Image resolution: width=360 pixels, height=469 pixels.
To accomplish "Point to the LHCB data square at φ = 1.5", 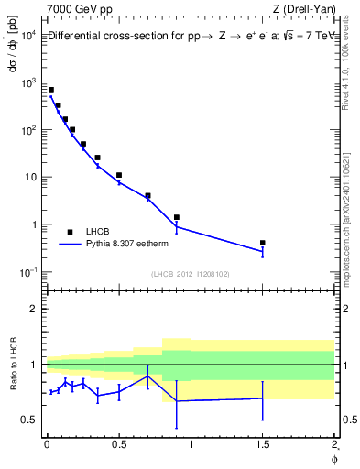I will (x=263, y=243).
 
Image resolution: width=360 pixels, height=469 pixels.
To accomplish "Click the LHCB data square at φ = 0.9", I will (x=177, y=217).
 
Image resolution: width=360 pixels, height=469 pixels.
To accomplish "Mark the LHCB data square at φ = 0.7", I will (x=147, y=195).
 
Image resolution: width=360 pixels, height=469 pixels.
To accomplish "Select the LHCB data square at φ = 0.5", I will (x=119, y=175).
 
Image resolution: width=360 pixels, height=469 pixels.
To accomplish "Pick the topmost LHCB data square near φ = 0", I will (x=51, y=90).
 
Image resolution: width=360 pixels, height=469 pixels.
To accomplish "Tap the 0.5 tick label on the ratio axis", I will (x=28, y=420).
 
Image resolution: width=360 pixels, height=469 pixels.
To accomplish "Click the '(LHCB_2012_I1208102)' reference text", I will (x=191, y=274).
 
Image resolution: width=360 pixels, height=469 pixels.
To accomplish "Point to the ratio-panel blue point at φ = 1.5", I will (x=263, y=398).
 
